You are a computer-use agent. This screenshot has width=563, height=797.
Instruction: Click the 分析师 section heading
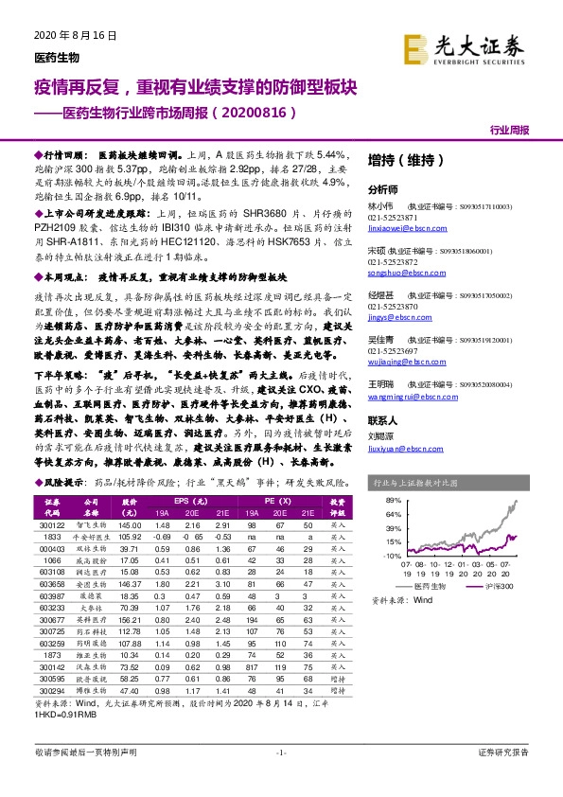click(x=383, y=188)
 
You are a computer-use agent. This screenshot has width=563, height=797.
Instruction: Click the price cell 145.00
click(x=129, y=524)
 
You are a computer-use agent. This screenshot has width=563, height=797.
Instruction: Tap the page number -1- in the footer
click(x=281, y=778)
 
